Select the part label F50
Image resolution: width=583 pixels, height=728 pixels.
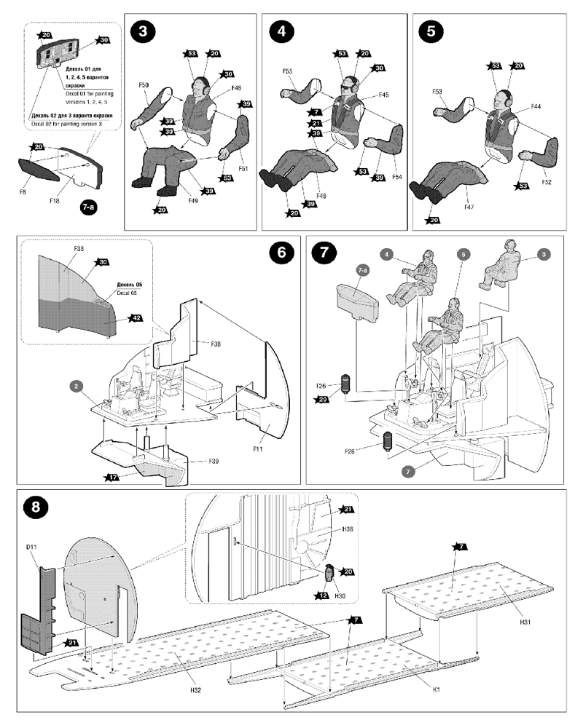point(144,86)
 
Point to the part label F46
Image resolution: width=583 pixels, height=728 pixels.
point(236,88)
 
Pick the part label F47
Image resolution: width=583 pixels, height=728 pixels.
point(470,207)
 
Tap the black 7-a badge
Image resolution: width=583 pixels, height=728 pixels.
point(88,207)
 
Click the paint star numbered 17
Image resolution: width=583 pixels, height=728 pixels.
point(111,477)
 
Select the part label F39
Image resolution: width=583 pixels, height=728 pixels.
point(213,462)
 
